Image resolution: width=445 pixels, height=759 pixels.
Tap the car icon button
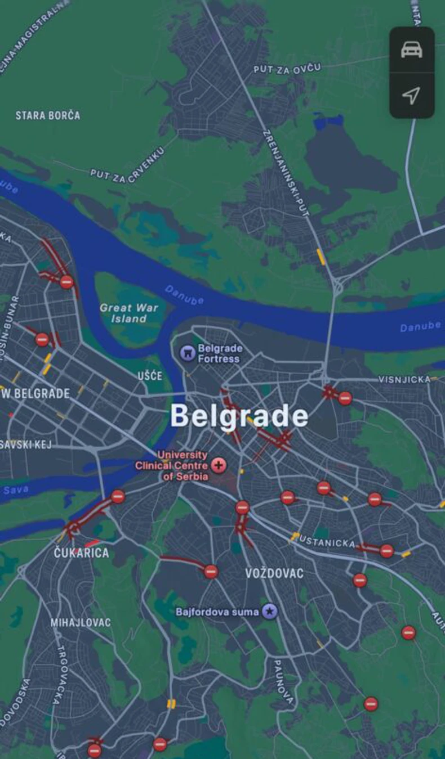[412, 50]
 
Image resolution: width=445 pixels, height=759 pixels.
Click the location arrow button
[412, 95]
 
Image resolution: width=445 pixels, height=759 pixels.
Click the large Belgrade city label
[239, 416]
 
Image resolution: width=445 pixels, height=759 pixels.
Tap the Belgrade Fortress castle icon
[187, 353]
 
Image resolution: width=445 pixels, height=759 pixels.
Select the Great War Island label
[129, 313]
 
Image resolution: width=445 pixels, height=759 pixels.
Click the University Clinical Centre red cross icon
[219, 465]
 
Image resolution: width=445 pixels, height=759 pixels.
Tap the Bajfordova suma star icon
[270, 611]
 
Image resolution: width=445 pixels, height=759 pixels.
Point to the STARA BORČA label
[48, 115]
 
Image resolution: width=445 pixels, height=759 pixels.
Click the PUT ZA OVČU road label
[287, 69]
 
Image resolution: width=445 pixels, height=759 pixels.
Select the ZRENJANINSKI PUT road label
[286, 173]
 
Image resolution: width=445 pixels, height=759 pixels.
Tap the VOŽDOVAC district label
[274, 573]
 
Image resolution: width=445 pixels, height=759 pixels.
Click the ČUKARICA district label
[82, 553]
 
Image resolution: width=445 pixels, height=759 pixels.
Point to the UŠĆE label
[150, 375]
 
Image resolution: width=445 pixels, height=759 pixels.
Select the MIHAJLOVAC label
[81, 622]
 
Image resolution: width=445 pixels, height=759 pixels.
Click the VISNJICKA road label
[404, 379]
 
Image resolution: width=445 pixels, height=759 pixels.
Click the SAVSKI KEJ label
[26, 445]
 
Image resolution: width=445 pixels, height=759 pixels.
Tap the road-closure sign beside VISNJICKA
[345, 398]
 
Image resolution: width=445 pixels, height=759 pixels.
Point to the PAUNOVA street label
[283, 681]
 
